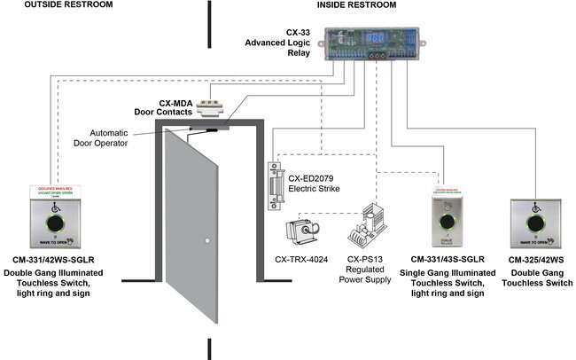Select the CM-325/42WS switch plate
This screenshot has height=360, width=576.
pyautogui.click(x=534, y=223)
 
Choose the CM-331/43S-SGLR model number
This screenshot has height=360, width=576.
pyautogui.click(x=445, y=259)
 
